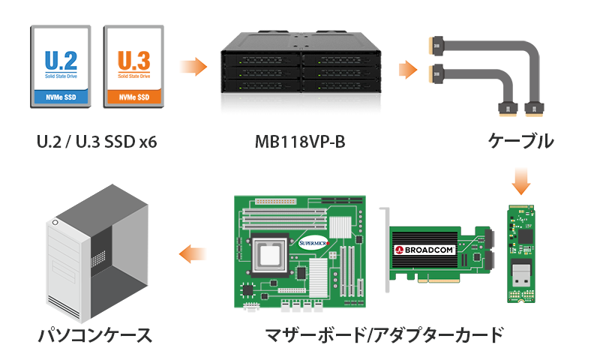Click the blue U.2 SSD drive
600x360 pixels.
[61, 66]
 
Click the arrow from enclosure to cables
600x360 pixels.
[407, 70]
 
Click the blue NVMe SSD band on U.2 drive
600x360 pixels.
[61, 97]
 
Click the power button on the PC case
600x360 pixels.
[55, 223]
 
